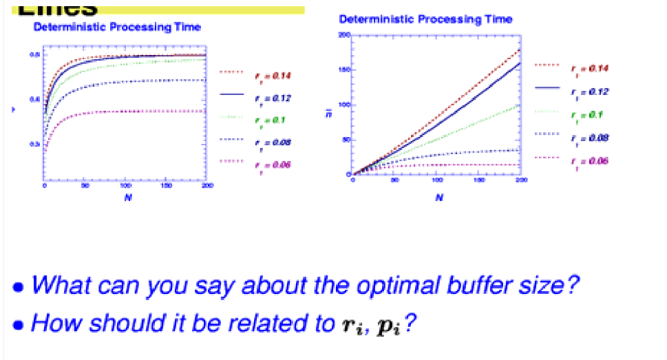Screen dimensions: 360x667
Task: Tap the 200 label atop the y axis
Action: pos(344,35)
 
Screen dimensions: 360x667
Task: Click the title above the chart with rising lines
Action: pos(425,19)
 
